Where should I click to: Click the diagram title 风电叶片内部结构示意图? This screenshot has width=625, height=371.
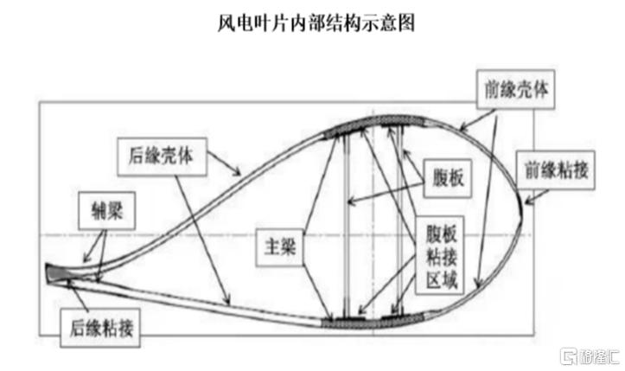316,22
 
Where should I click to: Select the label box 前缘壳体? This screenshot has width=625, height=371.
516,89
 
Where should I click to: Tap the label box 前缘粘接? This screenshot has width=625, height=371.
556,170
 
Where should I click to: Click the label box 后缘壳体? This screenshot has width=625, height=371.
162,157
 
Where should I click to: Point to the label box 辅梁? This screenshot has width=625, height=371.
107,211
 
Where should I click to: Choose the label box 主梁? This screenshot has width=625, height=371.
280,247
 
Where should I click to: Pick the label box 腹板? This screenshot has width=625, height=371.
448,178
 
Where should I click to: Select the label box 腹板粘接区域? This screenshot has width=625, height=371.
440,255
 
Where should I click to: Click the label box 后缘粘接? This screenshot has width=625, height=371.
100,328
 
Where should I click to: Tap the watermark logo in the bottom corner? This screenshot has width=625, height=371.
590,355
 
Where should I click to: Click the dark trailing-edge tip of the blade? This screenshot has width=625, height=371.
56,273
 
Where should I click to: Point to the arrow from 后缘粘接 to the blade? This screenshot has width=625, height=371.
79,295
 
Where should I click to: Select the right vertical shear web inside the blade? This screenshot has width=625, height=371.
400,221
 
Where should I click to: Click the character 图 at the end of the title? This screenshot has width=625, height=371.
406,22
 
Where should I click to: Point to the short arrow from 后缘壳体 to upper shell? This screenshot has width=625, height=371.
224,163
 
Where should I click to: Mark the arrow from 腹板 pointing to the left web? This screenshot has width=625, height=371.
386,192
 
